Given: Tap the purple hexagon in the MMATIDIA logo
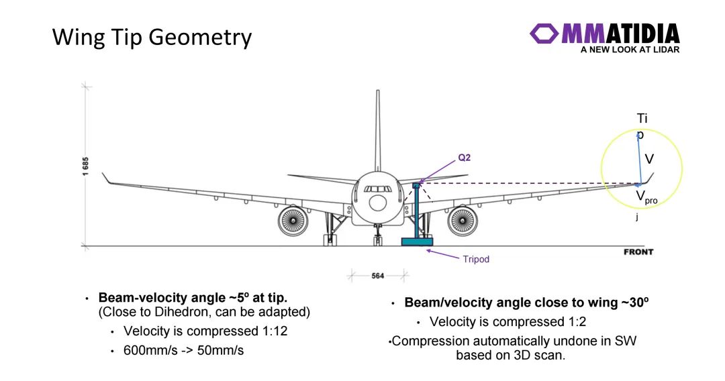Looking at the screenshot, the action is coord(544,34).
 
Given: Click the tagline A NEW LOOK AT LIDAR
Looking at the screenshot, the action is coord(630,50).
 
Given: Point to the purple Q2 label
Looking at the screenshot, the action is coord(465,158).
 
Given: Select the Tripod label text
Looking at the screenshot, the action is coord(476,259).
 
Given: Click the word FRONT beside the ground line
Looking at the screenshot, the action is coord(638,252).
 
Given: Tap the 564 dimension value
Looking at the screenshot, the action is coord(379,275).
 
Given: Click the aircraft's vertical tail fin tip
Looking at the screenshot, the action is coord(377,94).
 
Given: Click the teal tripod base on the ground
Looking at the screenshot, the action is coord(417,241).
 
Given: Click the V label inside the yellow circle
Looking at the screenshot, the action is coord(649,160).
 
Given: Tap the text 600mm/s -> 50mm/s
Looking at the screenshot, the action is coord(183,351).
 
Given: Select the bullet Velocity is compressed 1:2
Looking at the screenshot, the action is coord(508,321).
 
